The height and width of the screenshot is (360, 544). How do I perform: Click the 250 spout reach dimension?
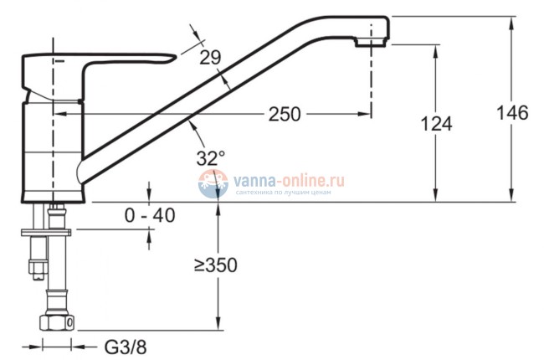tap(285, 114)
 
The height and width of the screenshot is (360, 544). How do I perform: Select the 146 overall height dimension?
tap(512, 113)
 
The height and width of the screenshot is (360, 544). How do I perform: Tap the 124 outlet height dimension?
tap(436, 124)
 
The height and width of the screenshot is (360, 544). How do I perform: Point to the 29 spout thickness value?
tap(210, 58)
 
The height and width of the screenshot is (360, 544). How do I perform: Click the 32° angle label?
tap(211, 158)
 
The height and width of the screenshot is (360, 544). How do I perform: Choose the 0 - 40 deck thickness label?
tap(150, 215)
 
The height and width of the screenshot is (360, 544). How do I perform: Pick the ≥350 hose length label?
tap(215, 265)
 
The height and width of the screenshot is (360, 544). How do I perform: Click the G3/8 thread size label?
tap(126, 347)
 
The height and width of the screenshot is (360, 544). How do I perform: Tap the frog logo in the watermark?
tap(213, 183)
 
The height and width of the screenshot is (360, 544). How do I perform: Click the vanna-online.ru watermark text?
tap(289, 181)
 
